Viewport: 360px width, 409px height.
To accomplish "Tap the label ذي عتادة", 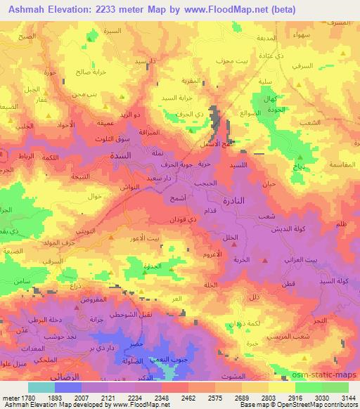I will pyautogui.click(x=288, y=56).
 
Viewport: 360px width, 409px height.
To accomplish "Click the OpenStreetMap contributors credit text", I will pyautogui.click(x=319, y=405).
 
